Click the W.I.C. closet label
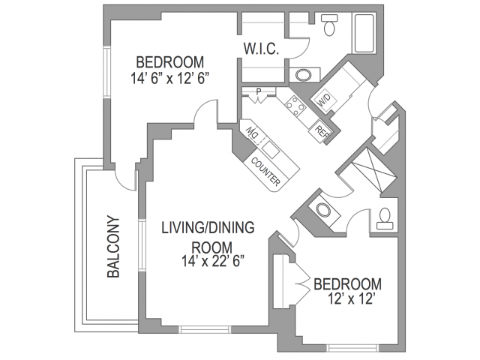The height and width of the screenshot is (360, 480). coord(261,49)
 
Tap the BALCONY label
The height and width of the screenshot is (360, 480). coord(113,247)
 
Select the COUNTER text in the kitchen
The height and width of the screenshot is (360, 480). coord(265,172)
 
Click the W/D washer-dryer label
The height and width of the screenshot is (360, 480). coord(325,100)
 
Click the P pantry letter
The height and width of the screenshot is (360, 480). coord(259,91)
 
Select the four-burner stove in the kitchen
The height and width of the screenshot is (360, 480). coord(295,106)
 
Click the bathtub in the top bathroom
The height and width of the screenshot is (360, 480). coord(364,33)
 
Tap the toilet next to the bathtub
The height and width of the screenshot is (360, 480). coord(329,25)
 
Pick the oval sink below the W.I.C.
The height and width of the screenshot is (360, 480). coord(303,75)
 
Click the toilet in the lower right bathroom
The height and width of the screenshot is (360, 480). coord(385,218)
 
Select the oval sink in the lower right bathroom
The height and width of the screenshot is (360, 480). coord(324,211)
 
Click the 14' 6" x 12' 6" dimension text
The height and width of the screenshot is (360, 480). coord(170,78)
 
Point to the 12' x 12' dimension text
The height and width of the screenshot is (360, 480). coord(352,299)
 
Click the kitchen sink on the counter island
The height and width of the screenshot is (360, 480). coord(271,150)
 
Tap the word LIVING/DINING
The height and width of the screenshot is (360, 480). coord(208,228)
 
